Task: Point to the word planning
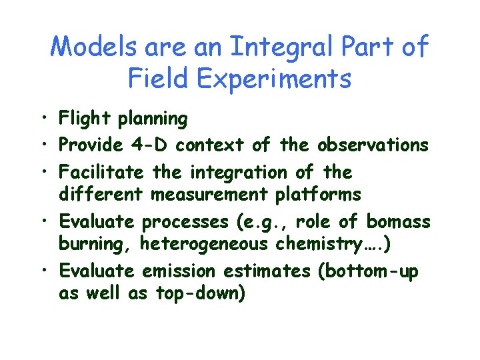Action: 153,119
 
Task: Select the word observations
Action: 373,145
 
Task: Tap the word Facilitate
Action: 101,172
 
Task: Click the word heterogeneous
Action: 204,244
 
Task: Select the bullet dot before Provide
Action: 42,145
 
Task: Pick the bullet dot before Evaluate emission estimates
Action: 42,272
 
